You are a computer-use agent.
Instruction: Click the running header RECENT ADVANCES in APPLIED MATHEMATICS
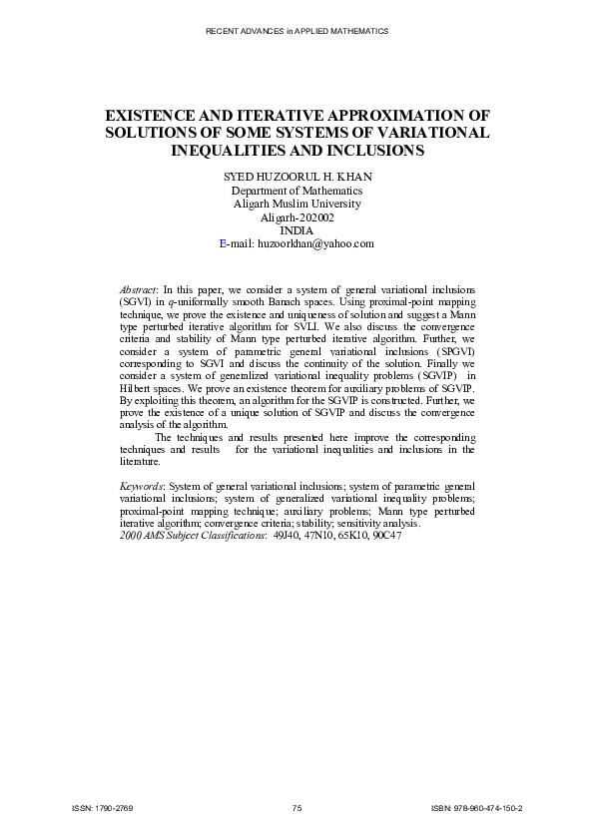(297, 32)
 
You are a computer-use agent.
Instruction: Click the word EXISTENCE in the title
(158, 116)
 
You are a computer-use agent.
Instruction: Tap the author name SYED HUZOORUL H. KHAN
(297, 177)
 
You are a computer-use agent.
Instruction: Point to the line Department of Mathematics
(297, 191)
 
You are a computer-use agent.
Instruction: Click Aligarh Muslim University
(297, 204)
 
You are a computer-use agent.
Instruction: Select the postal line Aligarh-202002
(297, 217)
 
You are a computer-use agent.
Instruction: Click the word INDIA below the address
(297, 230)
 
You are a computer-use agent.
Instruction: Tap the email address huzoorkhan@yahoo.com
(315, 243)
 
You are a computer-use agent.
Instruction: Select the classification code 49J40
(287, 535)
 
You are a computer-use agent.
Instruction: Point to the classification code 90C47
(386, 535)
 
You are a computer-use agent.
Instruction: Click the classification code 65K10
(352, 535)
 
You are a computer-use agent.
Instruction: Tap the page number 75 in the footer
(297, 807)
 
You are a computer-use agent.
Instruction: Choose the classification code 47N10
(319, 535)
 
